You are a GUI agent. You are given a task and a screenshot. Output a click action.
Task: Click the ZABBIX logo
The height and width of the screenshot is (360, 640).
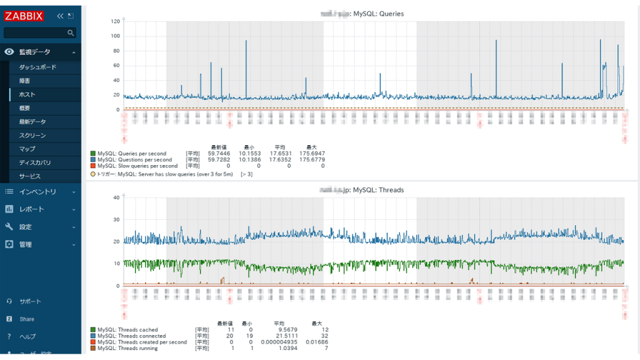24,16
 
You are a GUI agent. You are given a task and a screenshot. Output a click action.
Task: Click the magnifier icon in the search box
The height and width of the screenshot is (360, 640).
71,32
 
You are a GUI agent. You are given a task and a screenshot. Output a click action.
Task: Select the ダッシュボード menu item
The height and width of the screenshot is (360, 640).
37,67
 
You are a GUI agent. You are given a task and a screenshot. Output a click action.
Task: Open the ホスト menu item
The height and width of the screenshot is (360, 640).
27,94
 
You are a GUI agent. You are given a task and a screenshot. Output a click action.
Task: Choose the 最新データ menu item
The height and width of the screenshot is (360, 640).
32,122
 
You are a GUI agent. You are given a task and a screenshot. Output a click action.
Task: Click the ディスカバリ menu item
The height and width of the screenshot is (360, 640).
35,162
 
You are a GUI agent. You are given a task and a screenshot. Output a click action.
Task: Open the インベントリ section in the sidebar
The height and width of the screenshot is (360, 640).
37,192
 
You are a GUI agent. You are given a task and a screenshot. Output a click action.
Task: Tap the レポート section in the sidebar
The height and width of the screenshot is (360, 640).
31,209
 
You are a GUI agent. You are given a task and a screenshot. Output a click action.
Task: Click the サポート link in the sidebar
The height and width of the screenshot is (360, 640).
30,301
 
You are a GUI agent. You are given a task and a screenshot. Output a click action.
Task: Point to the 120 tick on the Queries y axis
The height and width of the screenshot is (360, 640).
115,21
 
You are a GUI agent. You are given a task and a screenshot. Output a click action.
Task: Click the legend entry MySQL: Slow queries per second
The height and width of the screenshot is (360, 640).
137,166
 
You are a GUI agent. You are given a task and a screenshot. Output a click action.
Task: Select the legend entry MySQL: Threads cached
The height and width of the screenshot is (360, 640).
127,330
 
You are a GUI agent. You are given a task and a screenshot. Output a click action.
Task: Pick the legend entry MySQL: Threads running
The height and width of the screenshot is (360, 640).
127,349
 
